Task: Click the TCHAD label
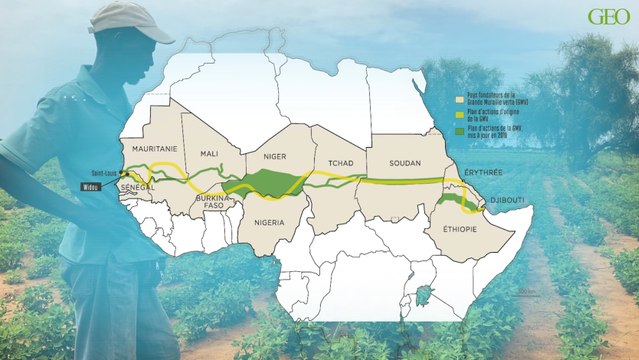click(336, 162)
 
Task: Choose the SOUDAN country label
click(401, 162)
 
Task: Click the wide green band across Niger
click(268, 182)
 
